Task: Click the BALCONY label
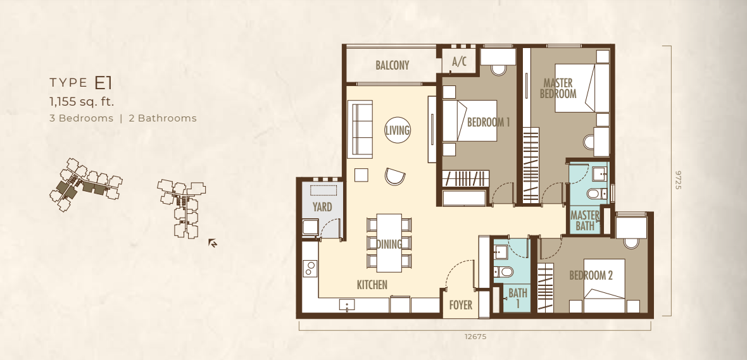[x=392, y=65]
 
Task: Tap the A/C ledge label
[x=459, y=61]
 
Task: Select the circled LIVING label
[x=398, y=130]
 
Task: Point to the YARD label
[x=322, y=207]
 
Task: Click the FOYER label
[x=461, y=305]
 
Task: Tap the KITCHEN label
[x=372, y=285]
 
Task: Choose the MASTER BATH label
[x=585, y=220]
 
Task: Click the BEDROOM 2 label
[x=591, y=275]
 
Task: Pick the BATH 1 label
[x=518, y=298]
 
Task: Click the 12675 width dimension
[x=475, y=337]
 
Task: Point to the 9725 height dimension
[x=679, y=180]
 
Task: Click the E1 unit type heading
[x=103, y=83]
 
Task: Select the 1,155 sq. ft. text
[x=82, y=101]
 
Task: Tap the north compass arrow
[x=213, y=244]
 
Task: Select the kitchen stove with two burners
[x=310, y=268]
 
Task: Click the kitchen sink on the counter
[x=347, y=305]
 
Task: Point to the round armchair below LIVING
[x=395, y=176]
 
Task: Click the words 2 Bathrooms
[x=163, y=118]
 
